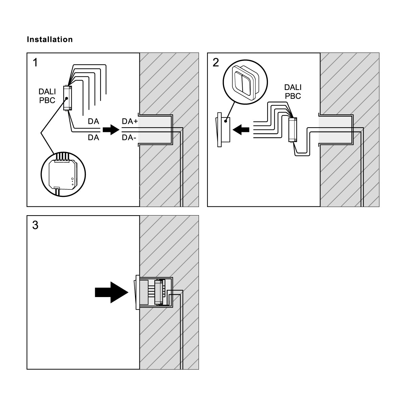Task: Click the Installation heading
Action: point(49,40)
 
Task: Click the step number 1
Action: point(35,63)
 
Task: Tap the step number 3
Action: point(35,225)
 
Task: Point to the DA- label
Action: point(129,138)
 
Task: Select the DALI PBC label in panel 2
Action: point(293,92)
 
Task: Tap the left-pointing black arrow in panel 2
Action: point(241,129)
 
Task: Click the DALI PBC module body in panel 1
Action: point(67,98)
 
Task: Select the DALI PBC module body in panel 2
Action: point(292,130)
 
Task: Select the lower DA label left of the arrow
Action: point(93,138)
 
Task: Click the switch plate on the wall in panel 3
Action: point(137,292)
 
